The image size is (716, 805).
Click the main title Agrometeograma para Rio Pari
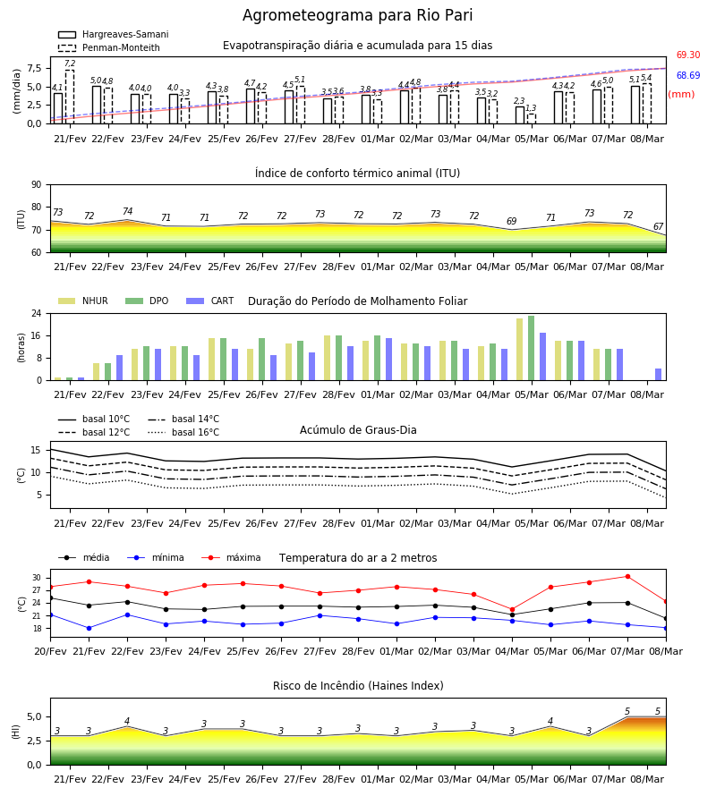[x=357, y=15]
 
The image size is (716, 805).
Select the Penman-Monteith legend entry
[x=109, y=47]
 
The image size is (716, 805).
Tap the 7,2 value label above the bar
[x=70, y=64]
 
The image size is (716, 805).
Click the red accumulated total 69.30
[x=688, y=55]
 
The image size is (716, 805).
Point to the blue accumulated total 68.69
[x=688, y=75]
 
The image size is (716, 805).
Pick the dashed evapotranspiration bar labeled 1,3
[x=532, y=119]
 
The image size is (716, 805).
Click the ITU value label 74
[x=127, y=211]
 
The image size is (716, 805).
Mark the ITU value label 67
[x=658, y=226]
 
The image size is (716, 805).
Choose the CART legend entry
[x=210, y=301]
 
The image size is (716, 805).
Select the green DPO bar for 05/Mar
[x=531, y=348]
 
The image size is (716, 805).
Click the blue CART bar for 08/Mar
[x=659, y=374]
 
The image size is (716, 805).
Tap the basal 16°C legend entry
[x=183, y=432]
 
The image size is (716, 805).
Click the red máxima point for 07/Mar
[x=627, y=577]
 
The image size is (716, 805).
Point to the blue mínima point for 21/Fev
[x=89, y=628]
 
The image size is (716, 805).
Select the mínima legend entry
[x=156, y=557]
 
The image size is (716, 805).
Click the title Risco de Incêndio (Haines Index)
[x=358, y=686]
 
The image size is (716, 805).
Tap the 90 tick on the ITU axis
[x=37, y=185]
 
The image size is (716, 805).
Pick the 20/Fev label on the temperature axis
[x=50, y=651]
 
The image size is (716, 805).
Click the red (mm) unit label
[x=681, y=95]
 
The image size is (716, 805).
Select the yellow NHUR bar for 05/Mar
[x=519, y=350]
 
